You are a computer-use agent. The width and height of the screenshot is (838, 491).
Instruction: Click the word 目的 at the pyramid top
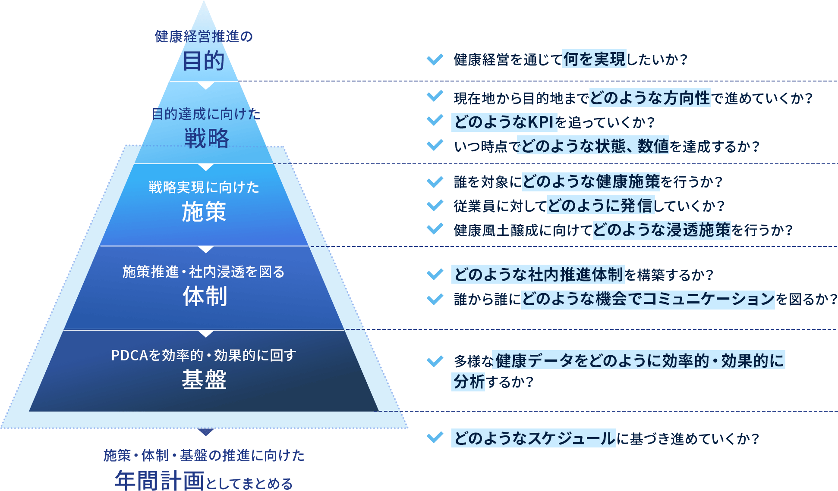coord(204,61)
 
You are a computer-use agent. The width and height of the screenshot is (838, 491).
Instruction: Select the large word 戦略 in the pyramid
coord(207,138)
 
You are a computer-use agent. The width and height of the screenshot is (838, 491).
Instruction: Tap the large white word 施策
coord(204,212)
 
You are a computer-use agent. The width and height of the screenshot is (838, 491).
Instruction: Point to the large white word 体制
coord(205,296)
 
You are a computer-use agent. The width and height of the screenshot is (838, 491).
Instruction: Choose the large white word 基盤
coord(204,380)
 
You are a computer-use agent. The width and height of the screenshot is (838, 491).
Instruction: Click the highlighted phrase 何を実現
coord(594,59)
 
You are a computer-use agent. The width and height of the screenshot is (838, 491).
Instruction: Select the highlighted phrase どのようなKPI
coord(504,122)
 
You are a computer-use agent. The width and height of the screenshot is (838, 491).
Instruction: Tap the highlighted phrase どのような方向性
coord(650,98)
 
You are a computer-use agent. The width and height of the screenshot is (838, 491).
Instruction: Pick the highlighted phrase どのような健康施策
coord(591,181)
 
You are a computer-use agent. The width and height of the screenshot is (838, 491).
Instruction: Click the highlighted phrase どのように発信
coord(601,206)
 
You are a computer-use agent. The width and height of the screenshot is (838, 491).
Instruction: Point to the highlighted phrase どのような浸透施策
coord(662,230)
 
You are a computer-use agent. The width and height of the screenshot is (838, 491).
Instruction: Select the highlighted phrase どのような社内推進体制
coord(538,274)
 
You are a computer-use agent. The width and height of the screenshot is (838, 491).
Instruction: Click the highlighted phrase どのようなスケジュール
coord(534,438)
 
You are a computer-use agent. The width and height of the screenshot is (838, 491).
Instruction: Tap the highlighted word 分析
coord(468,382)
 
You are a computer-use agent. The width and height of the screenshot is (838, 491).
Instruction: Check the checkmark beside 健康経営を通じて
coord(435,59)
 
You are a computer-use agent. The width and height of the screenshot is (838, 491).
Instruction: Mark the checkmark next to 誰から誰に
coord(435,298)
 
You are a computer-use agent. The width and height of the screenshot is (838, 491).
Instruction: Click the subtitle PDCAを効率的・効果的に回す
coord(204,355)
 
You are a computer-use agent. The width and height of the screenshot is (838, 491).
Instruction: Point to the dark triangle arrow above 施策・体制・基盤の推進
coord(206,432)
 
